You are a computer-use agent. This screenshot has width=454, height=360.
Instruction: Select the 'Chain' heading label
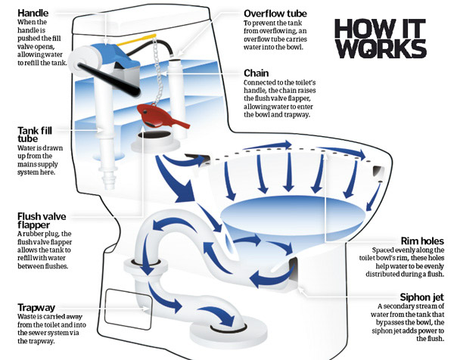coord(259,73)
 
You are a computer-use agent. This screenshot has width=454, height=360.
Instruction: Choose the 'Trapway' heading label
coord(36,306)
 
